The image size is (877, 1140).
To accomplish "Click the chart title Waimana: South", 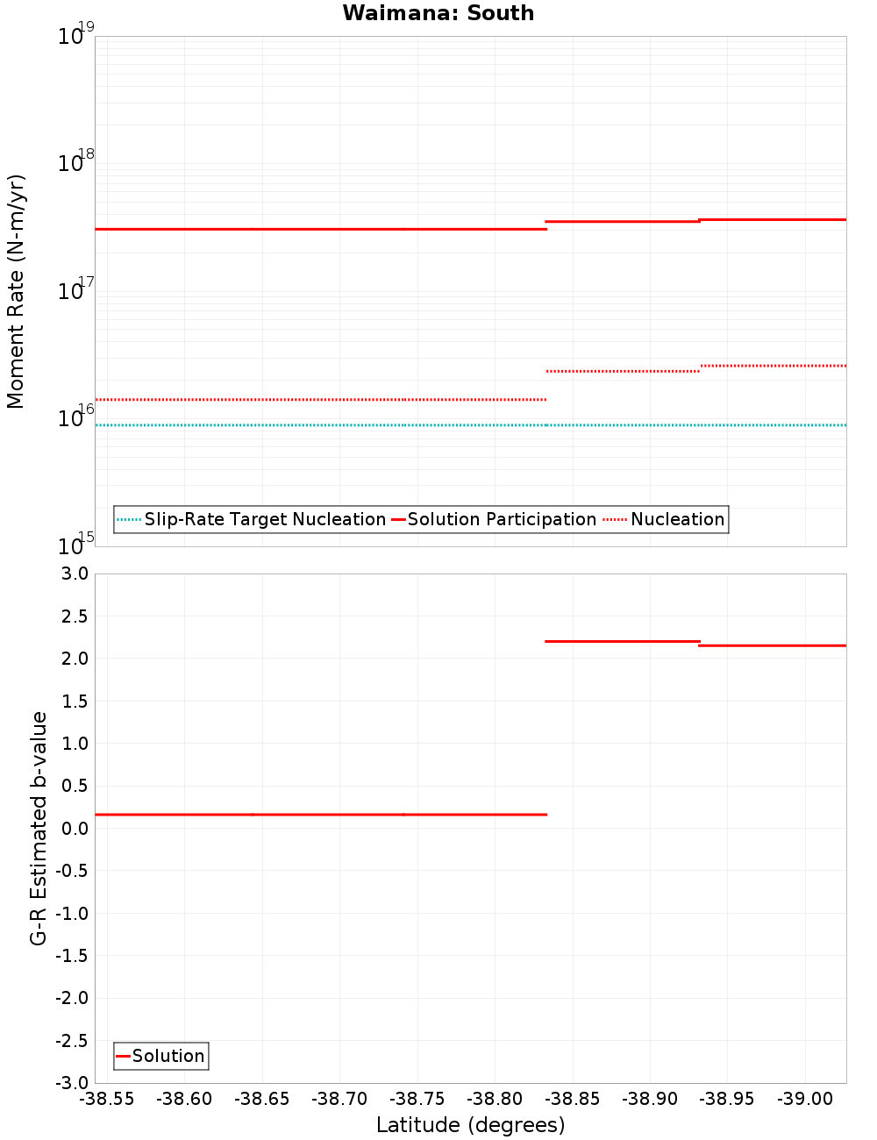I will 438,13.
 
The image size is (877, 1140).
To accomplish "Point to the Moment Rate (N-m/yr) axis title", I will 16,291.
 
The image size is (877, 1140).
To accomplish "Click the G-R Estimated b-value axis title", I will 39,828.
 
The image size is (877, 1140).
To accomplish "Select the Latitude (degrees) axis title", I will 470,1125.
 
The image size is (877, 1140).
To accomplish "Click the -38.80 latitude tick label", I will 495,1100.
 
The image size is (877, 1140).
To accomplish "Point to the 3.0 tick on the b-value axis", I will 74,574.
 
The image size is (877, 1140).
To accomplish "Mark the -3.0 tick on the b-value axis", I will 71,1083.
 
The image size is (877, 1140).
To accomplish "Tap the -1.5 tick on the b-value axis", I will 71,956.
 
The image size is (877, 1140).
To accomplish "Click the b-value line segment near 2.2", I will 623,641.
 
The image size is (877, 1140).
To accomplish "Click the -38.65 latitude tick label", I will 261,1100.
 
